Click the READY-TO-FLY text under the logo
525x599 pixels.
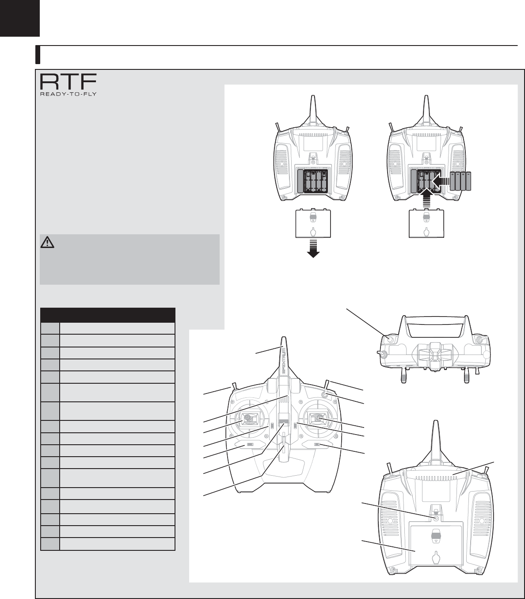coord(68,94)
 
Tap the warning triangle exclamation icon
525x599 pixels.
coord(47,242)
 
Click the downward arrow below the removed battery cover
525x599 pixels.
coord(313,248)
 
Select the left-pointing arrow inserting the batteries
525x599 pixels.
coord(441,181)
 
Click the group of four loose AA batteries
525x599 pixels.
coord(460,181)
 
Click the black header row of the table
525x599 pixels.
coord(107,315)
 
